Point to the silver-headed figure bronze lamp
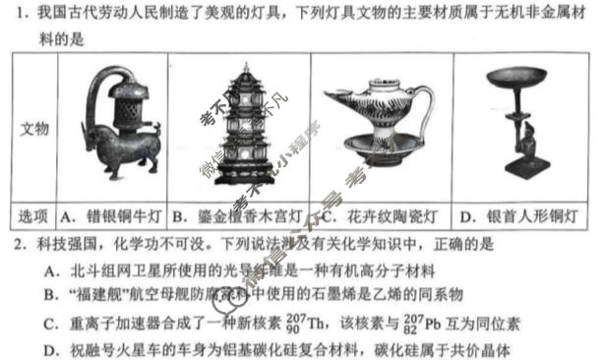coord(523,128)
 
